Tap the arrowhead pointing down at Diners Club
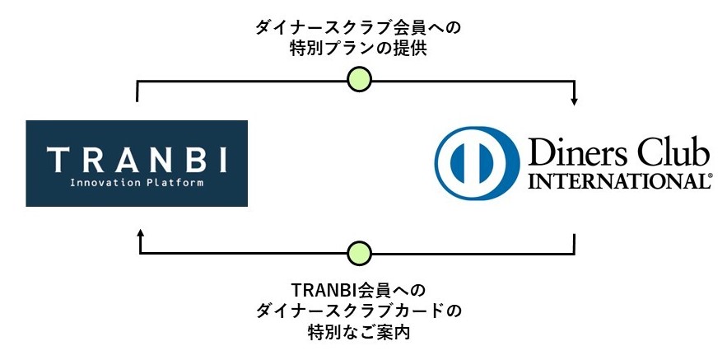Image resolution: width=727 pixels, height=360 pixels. [x=574, y=101]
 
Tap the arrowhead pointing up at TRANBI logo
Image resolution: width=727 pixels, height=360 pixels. [x=140, y=235]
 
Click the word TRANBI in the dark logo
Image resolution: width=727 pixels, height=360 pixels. [x=137, y=157]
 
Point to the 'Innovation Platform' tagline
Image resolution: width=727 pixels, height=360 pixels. [x=137, y=183]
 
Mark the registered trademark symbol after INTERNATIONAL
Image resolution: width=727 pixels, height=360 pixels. [x=710, y=176]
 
